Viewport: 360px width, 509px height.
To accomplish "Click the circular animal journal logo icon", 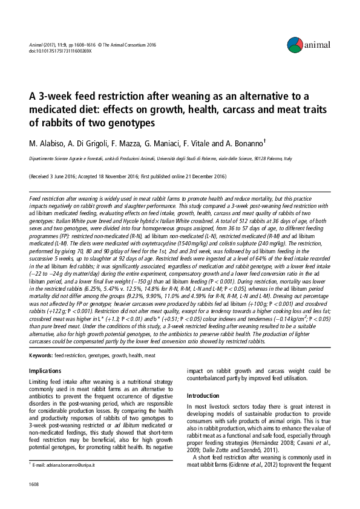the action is click(295, 43).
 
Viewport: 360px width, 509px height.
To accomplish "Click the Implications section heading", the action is click(46, 370).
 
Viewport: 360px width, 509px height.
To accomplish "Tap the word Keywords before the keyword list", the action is click(40, 355).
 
